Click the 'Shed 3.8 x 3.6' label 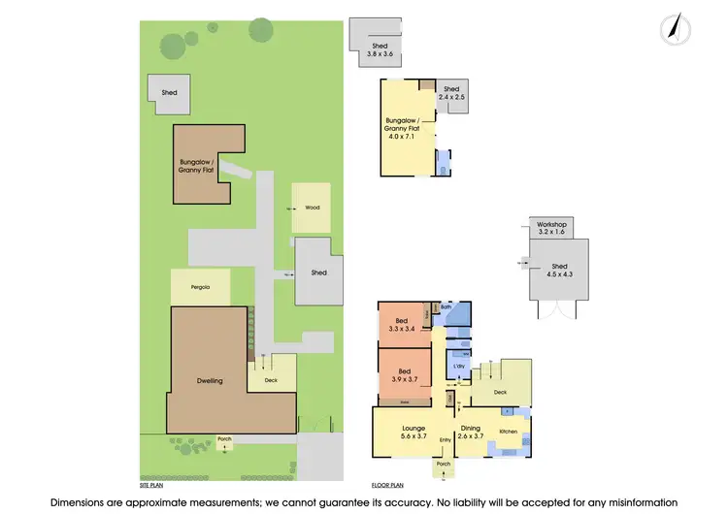click(x=380, y=49)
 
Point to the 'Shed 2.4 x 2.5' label click(x=451, y=94)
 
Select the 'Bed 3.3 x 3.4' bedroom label click(x=401, y=325)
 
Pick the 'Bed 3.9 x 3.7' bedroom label click(x=401, y=373)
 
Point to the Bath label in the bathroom click(x=447, y=307)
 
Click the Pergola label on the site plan click(x=200, y=288)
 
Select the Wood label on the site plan click(x=312, y=208)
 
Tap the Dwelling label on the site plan click(x=210, y=380)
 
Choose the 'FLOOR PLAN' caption click(x=386, y=483)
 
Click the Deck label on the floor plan click(x=500, y=393)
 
